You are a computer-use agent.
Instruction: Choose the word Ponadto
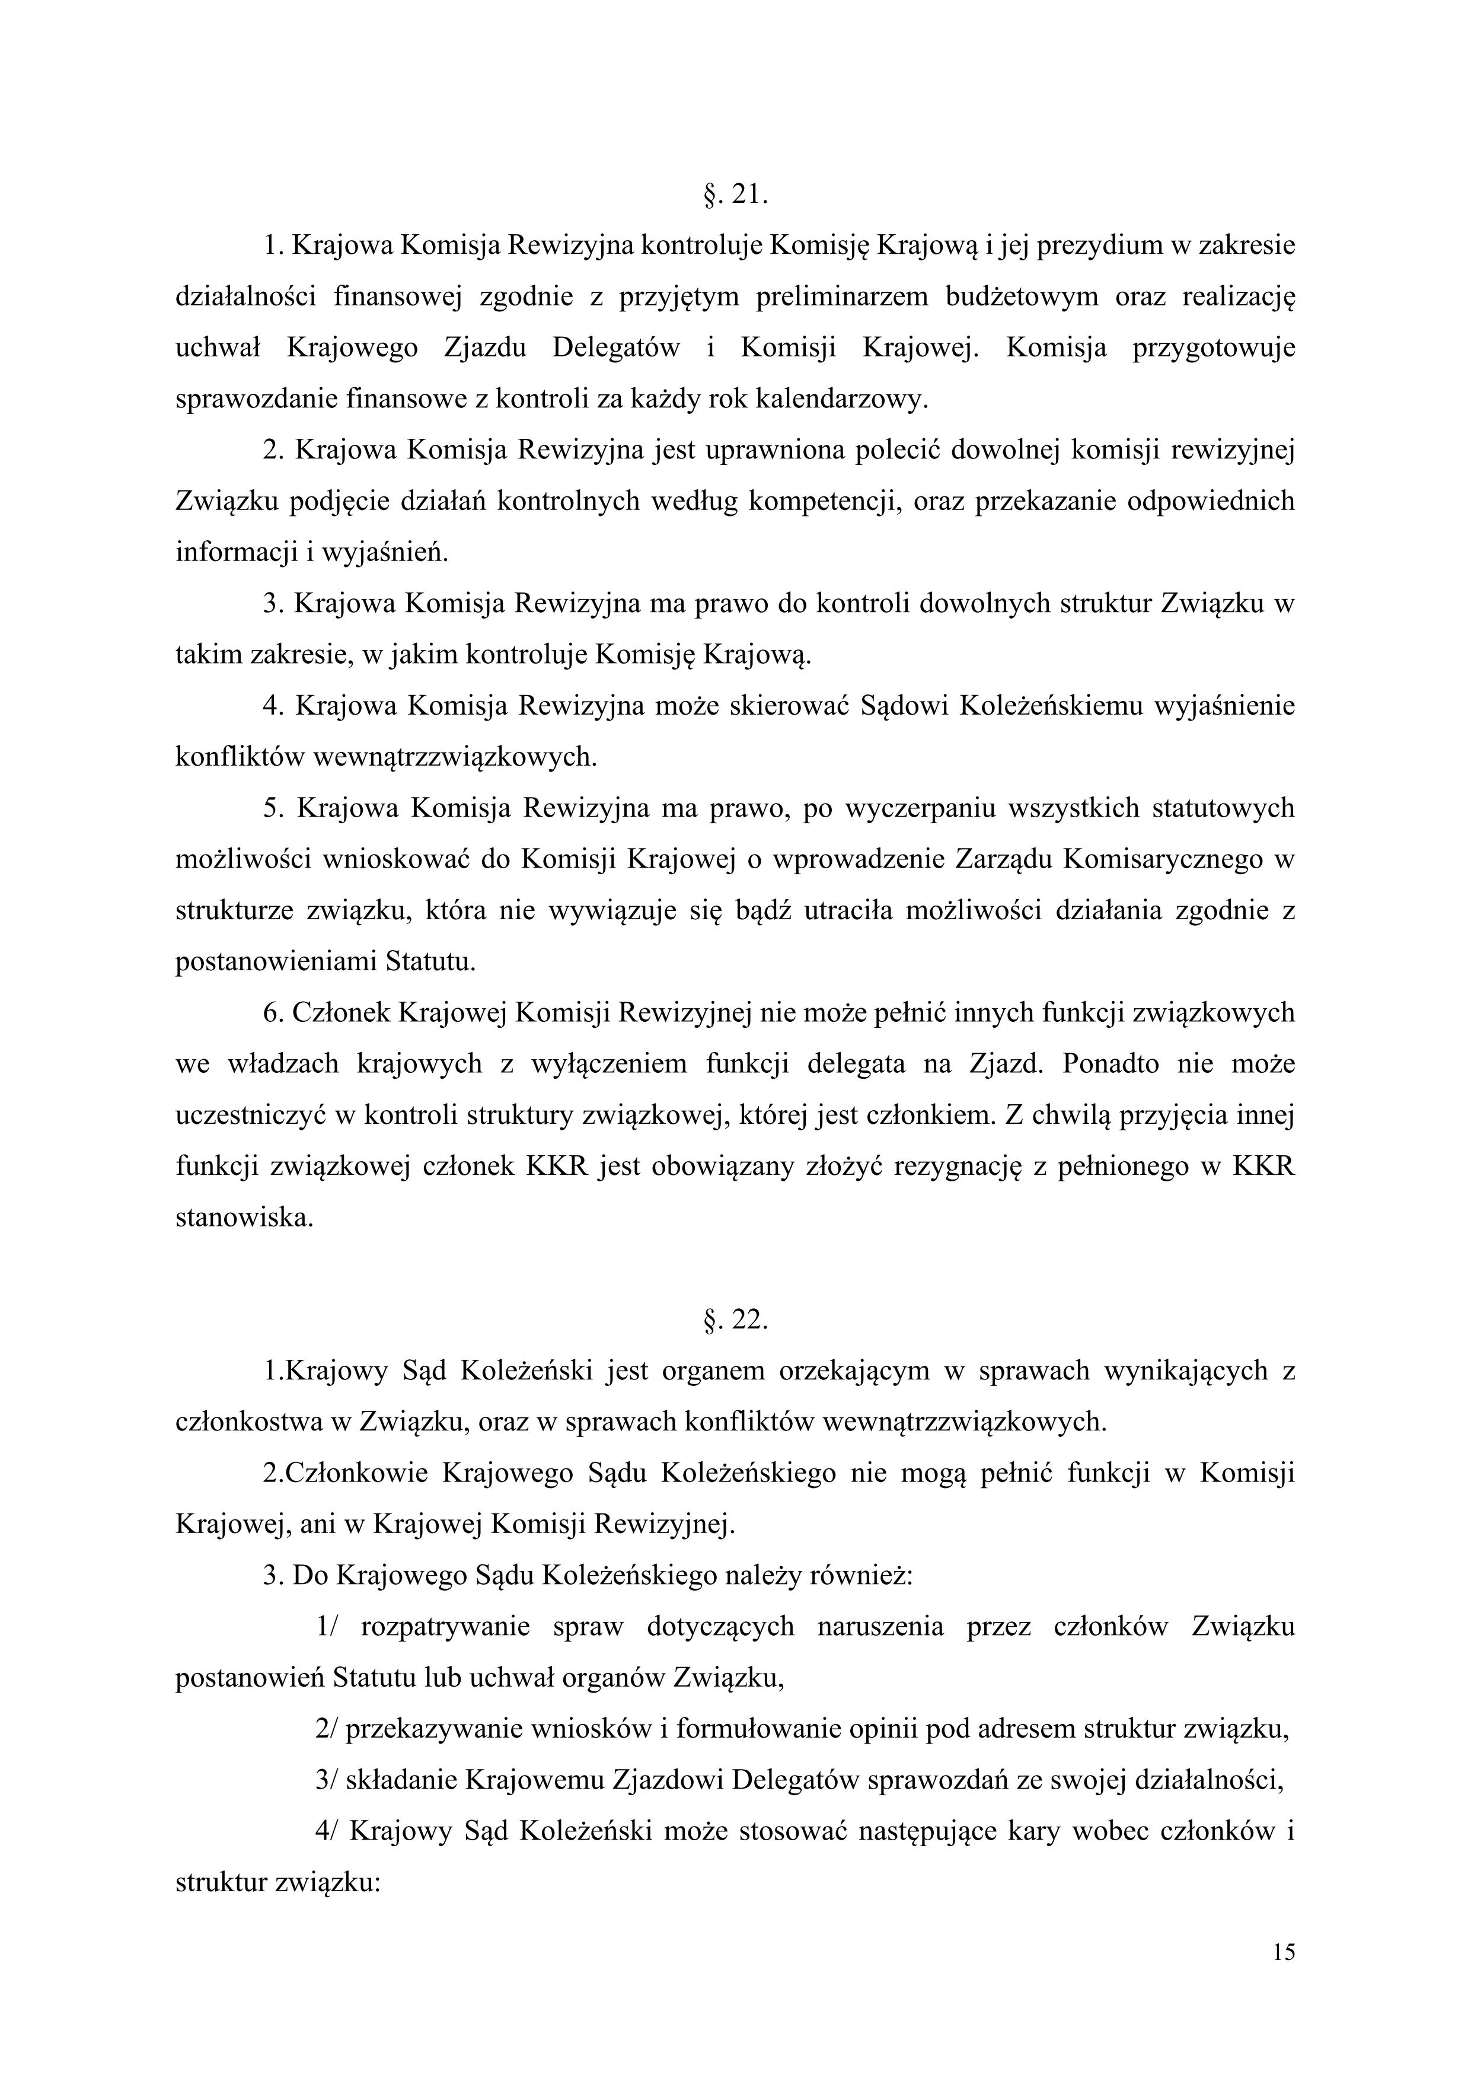pyautogui.click(x=1111, y=1064)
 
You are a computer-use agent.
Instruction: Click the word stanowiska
pyautogui.click(x=244, y=1218)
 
